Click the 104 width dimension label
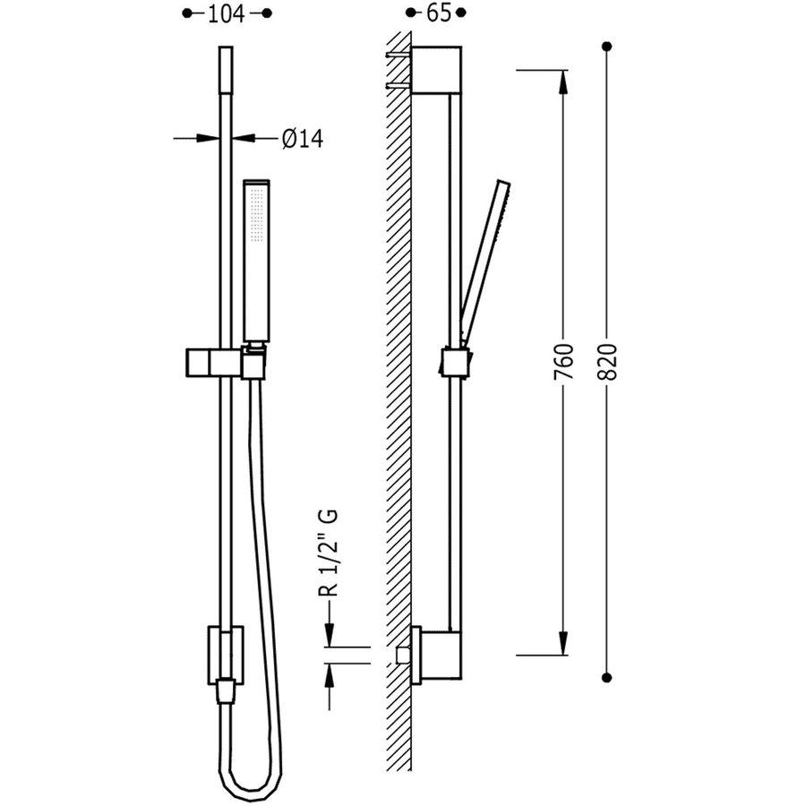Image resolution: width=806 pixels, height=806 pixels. (x=226, y=13)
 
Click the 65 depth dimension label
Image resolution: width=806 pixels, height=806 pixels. (x=435, y=13)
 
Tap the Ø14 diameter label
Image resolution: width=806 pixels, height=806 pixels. (x=302, y=139)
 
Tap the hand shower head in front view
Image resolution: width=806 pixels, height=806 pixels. (x=257, y=260)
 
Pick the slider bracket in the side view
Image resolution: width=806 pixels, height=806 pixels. (x=455, y=362)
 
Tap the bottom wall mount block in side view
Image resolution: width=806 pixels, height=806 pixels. (x=437, y=653)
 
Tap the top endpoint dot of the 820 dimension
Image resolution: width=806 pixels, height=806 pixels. (x=607, y=46)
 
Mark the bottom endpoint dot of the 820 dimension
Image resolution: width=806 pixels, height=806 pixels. (x=607, y=677)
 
